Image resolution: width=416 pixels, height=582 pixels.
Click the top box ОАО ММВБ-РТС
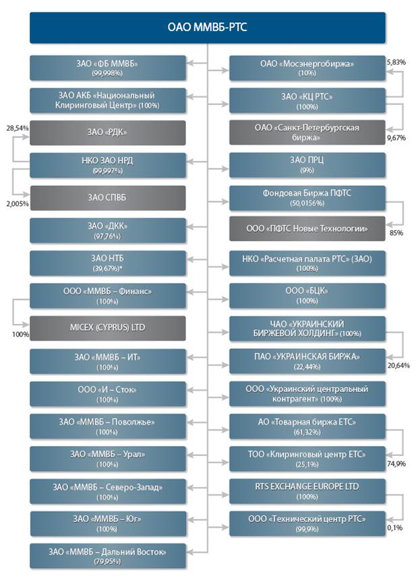coord(208,28)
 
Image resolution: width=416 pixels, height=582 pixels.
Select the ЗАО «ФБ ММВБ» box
coord(107,68)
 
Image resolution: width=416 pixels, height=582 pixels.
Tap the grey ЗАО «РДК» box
coord(107,133)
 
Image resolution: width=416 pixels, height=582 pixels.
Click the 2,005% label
coord(16,203)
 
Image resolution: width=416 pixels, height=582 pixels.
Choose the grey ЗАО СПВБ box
coord(107,197)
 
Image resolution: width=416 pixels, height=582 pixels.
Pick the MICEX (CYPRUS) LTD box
coord(107,328)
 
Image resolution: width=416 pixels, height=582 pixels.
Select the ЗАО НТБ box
coord(107,263)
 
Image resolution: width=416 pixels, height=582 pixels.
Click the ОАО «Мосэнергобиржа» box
coord(307,68)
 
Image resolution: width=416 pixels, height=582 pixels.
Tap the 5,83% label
coord(396,61)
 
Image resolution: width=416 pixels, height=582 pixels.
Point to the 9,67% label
coord(396,137)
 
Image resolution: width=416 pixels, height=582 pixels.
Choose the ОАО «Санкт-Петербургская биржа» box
coord(307,133)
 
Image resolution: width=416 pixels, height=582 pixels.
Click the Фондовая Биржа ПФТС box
coord(307,197)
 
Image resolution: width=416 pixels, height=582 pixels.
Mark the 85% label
coord(396,233)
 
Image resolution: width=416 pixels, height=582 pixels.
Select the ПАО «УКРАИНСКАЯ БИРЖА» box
coord(307,360)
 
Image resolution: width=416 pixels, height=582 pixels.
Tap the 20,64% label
coord(398,365)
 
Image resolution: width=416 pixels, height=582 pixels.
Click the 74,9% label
coord(396,464)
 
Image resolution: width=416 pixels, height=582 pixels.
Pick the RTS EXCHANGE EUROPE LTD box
coord(307,490)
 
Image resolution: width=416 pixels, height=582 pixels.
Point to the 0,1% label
coord(395,527)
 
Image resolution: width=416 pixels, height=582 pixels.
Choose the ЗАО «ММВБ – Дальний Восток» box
coord(107,556)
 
